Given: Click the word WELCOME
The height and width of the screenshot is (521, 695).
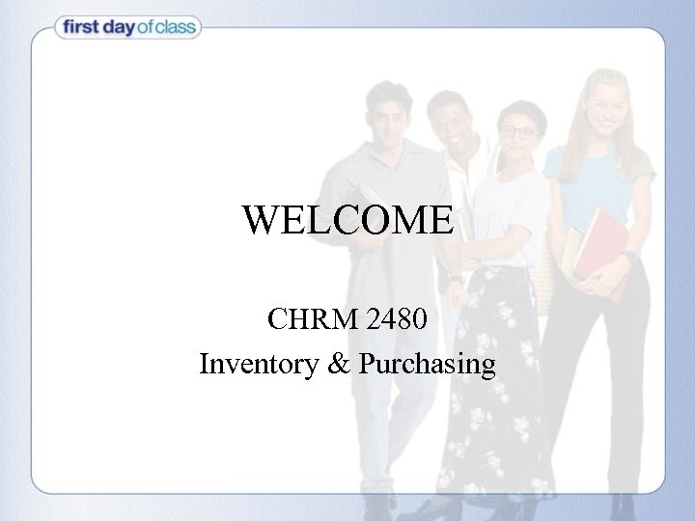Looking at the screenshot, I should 347,221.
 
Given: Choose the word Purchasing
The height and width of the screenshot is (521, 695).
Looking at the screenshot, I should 427,365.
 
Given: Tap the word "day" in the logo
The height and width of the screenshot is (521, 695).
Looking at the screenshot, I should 123,28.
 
